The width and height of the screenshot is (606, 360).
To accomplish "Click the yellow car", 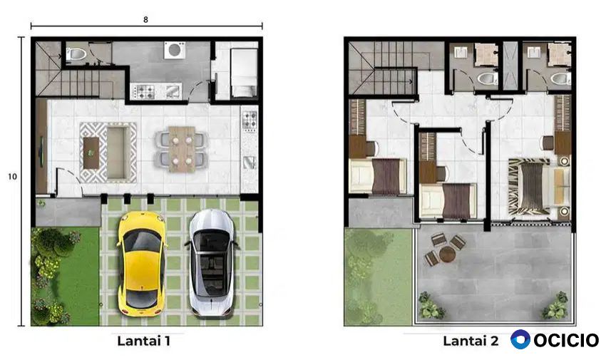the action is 142,264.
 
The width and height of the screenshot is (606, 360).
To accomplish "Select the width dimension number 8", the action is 145,20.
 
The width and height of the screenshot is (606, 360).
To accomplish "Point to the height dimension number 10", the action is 12,177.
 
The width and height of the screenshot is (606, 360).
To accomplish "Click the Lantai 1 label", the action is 144,341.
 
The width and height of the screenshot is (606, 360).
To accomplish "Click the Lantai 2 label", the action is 471,341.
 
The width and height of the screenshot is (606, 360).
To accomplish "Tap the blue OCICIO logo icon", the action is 520,339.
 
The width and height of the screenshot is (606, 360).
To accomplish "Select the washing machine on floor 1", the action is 174,50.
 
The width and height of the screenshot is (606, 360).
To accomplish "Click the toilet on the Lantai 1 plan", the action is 76,54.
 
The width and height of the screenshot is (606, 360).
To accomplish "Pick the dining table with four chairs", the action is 181,149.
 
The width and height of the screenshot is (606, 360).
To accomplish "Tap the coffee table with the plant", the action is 91,153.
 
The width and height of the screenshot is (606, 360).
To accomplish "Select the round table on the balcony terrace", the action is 447,254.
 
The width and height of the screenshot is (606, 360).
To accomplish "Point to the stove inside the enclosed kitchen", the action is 145,91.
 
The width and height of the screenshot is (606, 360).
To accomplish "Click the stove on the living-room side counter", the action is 250,120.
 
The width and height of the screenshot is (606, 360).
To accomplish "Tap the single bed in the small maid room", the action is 244,72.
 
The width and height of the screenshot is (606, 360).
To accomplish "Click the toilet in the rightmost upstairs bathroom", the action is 561,79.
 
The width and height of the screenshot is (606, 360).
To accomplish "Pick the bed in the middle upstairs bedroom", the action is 448,200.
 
